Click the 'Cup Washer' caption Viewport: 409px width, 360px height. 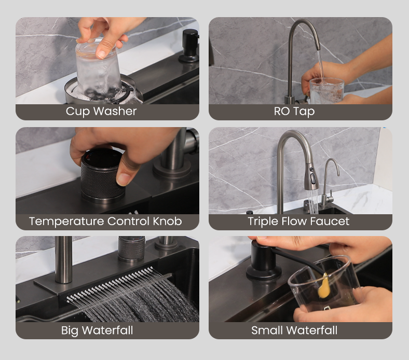click(101, 112)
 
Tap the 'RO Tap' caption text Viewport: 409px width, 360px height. click(294, 112)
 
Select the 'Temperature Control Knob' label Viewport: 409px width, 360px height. click(105, 221)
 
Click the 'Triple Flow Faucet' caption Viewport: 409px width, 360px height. click(298, 221)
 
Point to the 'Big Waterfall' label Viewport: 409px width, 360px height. click(97, 330)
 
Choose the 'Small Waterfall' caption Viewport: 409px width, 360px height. click(294, 330)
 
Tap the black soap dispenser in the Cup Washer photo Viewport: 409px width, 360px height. click(189, 46)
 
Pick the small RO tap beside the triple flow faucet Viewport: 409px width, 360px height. click(328, 183)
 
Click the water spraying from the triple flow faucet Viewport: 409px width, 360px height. click(312, 201)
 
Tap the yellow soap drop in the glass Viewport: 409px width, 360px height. click(323, 286)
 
